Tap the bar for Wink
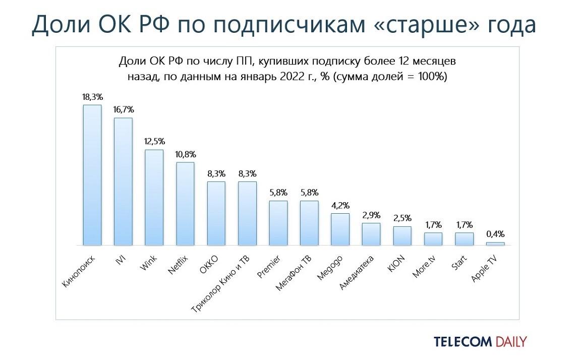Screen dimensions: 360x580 pyautogui.click(x=154, y=197)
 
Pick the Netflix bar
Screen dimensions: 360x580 pyautogui.click(x=185, y=204)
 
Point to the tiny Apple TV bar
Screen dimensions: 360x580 pyautogui.click(x=495, y=244)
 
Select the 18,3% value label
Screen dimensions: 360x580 pyautogui.click(x=92, y=96)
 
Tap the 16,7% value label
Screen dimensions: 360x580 pyautogui.click(x=124, y=109)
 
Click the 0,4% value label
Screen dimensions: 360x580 pyautogui.click(x=495, y=234)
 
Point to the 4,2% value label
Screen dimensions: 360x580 pyautogui.click(x=340, y=205)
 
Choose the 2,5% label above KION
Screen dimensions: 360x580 pyautogui.click(x=402, y=218)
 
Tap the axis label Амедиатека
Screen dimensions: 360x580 pyautogui.click(x=357, y=272)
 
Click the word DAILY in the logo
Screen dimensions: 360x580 pyautogui.click(x=510, y=342)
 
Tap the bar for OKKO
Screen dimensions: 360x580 pyautogui.click(x=216, y=213)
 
